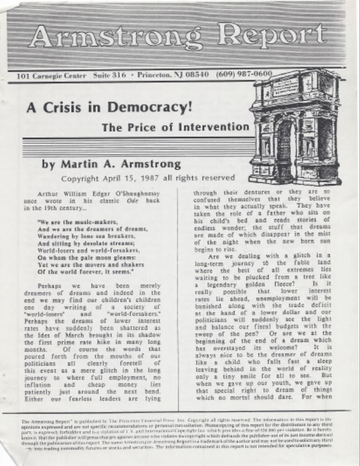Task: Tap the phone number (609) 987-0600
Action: pyautogui.click(x=243, y=75)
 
